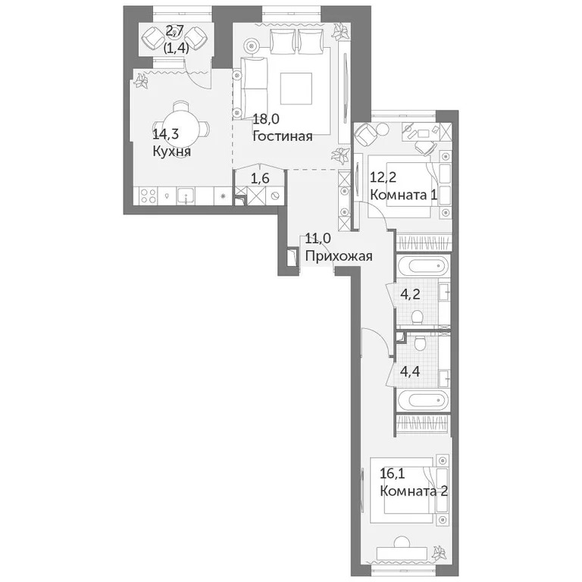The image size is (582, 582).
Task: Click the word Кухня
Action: pos(171,151)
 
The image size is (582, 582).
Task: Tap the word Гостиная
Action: pos(283,136)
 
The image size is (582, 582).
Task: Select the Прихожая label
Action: pos(338,256)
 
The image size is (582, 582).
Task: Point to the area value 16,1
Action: pos(394,474)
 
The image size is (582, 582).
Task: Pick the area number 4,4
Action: pos(411,371)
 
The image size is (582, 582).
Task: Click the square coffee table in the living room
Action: pos(296,88)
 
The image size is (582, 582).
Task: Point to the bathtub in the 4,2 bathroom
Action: pos(423,268)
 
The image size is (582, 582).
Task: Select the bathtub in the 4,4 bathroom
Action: pos(423,399)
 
